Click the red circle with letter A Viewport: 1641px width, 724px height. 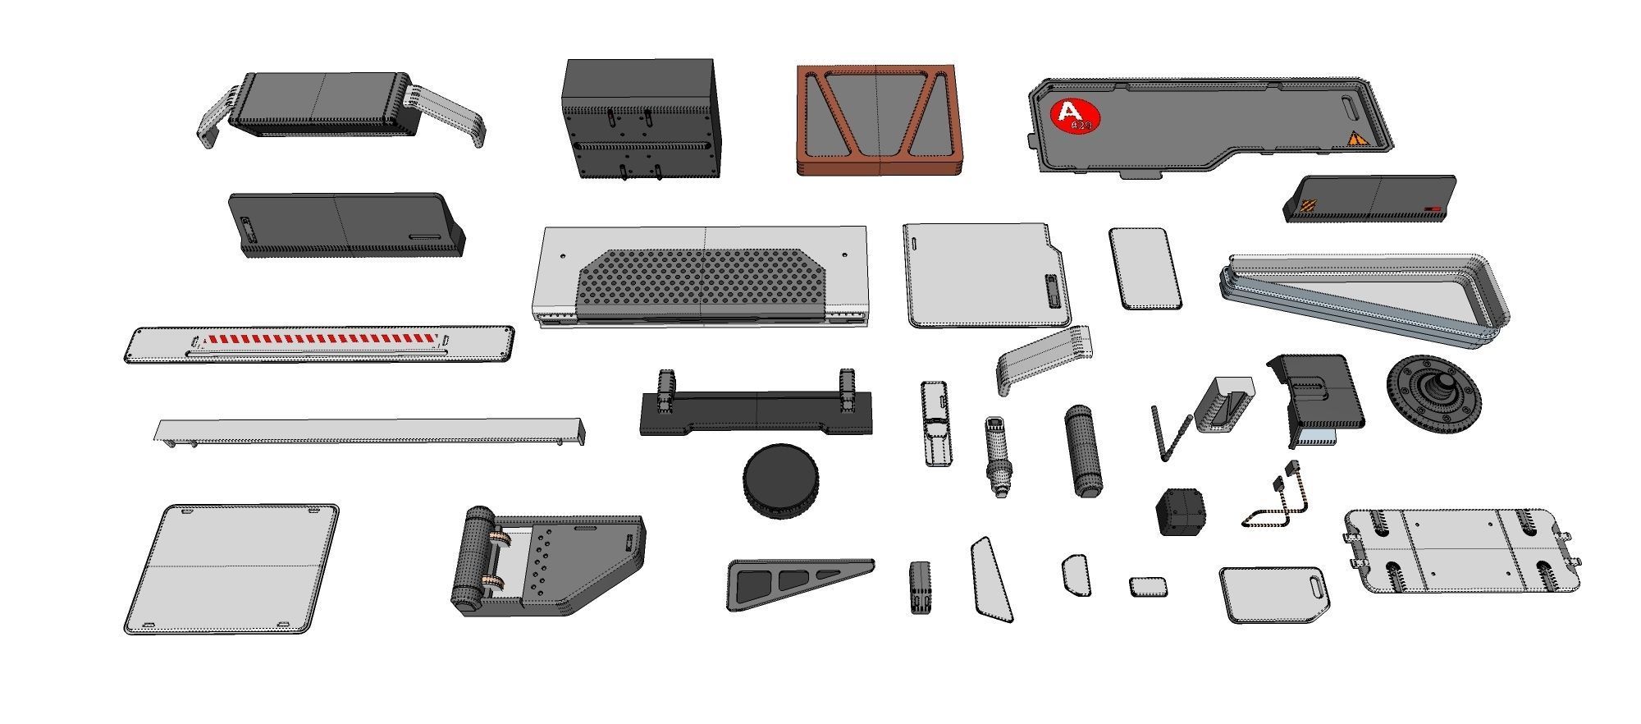coord(1074,116)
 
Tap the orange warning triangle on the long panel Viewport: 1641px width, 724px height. coord(1357,140)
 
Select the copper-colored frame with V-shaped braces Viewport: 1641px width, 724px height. coord(877,118)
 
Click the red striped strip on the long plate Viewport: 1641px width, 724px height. coord(321,339)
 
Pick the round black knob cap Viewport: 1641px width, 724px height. coord(780,481)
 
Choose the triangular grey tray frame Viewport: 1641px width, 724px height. coord(1362,299)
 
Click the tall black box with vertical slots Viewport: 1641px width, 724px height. coord(639,119)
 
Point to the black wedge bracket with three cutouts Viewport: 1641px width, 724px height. coord(795,582)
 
